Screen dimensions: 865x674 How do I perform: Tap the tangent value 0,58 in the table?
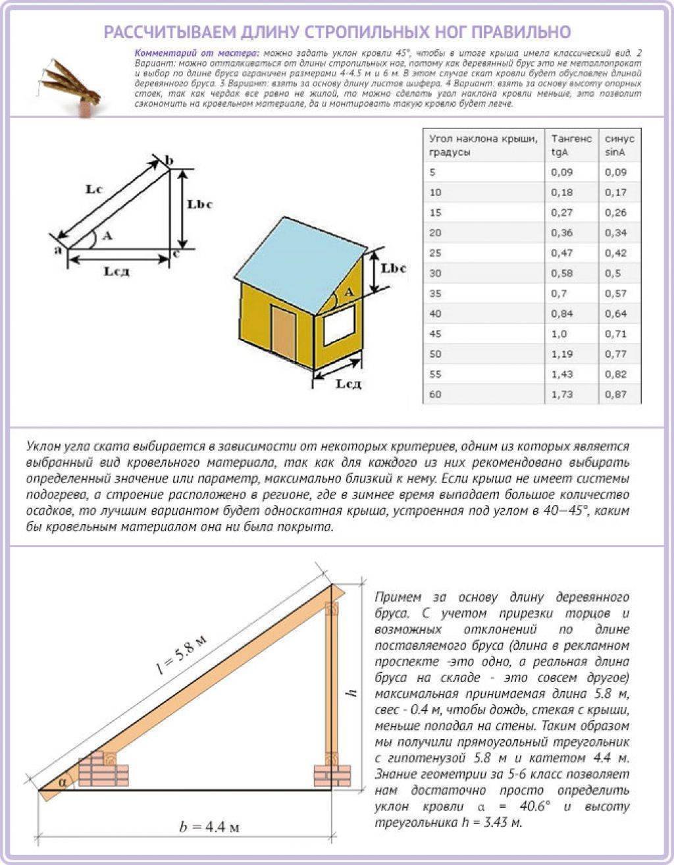pos(562,273)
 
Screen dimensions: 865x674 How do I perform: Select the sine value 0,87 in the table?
pos(616,394)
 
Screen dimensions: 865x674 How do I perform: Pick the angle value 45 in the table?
pos(435,334)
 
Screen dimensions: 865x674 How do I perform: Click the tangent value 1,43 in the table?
pos(562,374)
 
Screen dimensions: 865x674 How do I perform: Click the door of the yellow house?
pos(284,334)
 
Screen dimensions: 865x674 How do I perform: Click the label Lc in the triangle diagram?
pos(94,189)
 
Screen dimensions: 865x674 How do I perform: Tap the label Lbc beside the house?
pos(394,269)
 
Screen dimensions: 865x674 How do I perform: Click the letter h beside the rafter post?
pos(351,693)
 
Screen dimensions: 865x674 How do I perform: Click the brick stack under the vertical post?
pos(332,774)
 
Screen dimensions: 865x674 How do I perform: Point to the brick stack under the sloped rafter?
pos(105,769)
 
